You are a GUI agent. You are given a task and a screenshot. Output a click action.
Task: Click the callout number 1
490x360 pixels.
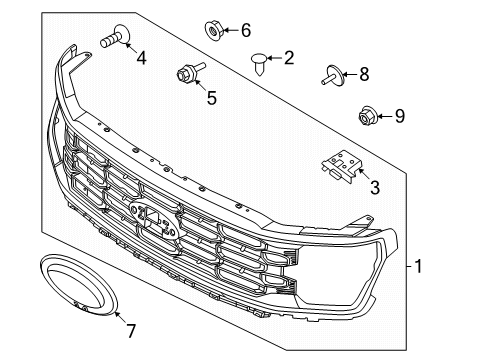click(419, 267)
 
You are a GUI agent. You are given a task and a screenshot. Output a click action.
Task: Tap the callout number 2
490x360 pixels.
click(288, 58)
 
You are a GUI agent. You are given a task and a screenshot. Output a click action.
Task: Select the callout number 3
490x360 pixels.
click(374, 187)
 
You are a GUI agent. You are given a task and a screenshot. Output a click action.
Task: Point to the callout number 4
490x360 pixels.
click(140, 58)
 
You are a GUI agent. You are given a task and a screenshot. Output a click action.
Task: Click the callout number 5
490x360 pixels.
click(211, 98)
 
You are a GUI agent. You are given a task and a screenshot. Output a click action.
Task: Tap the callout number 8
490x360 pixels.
click(363, 73)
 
